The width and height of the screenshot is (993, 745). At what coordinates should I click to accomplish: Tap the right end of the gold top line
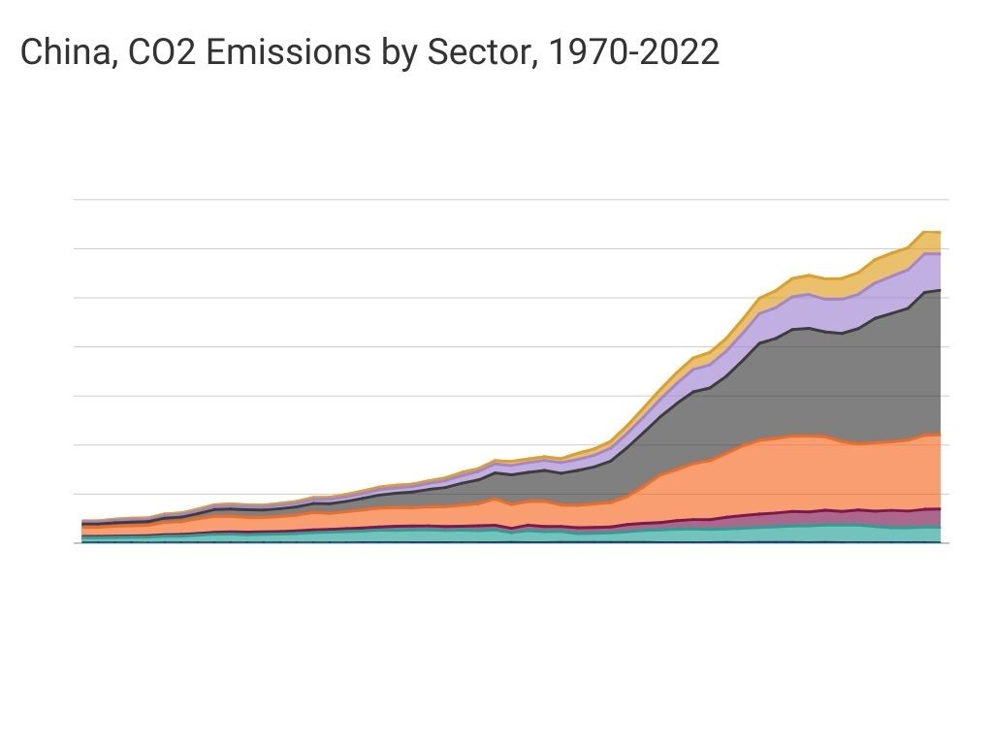coord(940,232)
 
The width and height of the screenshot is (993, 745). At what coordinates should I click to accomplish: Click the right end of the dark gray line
coord(940,290)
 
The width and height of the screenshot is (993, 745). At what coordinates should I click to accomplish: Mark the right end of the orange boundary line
coord(940,435)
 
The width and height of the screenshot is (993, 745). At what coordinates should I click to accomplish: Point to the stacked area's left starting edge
coord(83,532)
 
